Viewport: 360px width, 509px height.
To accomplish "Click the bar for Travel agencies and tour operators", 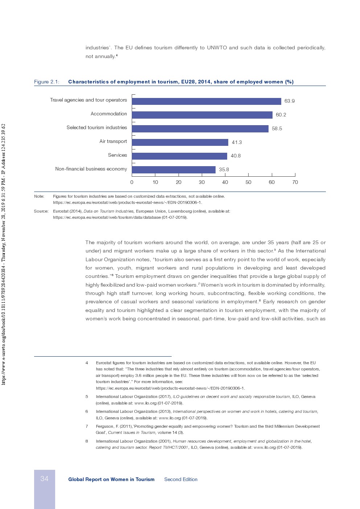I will coord(206,101).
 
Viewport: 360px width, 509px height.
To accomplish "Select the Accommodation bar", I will coord(202,115).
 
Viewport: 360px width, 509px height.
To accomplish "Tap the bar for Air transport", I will coord(180,142).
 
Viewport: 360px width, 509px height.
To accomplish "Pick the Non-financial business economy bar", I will coord(173,170).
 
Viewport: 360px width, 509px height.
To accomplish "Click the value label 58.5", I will coord(277,128).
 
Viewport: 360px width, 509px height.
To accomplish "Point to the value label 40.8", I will coord(236,156).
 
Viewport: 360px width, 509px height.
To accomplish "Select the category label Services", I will coord(117,155).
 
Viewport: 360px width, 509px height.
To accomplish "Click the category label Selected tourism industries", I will coord(97,128).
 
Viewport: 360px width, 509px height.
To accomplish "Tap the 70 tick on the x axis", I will coord(295,182).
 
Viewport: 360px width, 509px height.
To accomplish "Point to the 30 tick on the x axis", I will coord(202,182).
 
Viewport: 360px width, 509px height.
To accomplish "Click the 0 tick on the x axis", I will coord(132,182).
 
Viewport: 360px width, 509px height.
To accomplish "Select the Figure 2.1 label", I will coord(46,82).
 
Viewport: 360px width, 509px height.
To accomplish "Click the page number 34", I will coord(44,479).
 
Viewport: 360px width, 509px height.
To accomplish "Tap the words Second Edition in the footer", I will coord(181,480).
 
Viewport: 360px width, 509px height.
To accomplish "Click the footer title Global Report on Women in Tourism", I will coord(111,480).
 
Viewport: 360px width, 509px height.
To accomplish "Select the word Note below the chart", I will coord(39,196).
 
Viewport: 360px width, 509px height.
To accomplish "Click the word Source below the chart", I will coord(41,211).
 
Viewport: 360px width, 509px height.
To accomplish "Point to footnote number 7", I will coord(87,426).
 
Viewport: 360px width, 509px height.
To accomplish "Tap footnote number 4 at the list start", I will coord(87,363).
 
